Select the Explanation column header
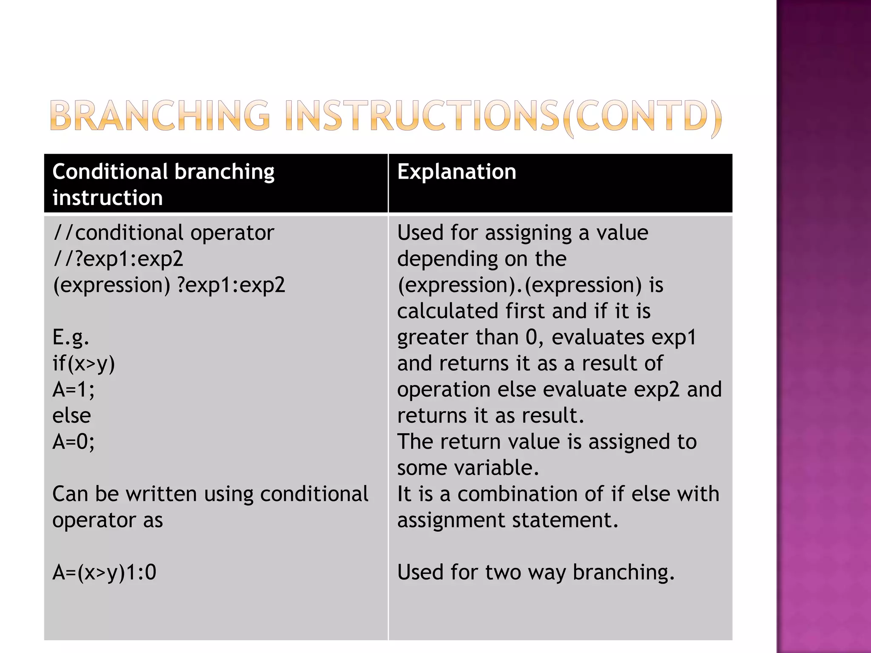tap(456, 172)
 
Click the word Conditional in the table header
tap(110, 172)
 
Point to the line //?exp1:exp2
tap(118, 258)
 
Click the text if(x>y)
tap(83, 363)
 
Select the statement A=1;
tap(73, 389)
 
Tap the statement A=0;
tap(73, 442)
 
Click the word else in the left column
tap(71, 415)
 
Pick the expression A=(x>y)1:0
tap(104, 572)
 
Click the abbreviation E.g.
tap(71, 337)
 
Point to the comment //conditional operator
tap(163, 233)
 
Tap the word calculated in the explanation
tap(447, 311)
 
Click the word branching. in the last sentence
tap(623, 572)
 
